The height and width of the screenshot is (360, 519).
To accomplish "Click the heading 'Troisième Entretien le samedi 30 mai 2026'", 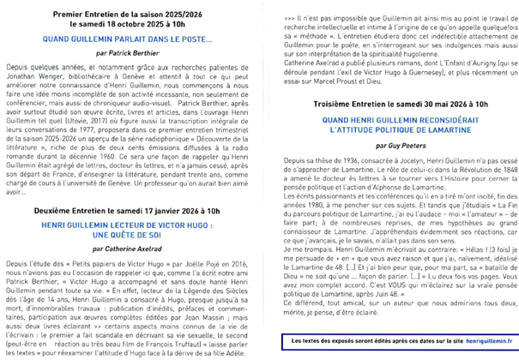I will pos(389,102).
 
